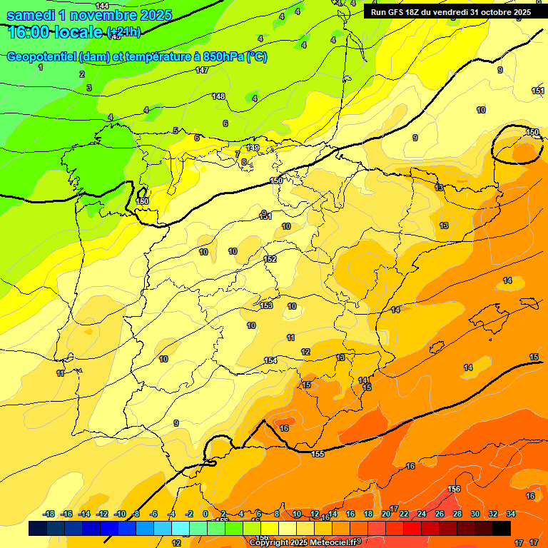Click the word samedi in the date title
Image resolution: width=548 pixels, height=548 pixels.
point(31,15)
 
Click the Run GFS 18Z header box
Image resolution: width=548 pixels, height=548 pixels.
point(450,12)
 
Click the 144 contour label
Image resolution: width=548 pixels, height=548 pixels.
point(102,6)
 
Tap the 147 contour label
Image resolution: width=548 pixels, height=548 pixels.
point(202,70)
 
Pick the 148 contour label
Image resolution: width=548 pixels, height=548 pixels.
point(218,96)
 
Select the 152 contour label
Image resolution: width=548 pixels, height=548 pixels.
point(270,259)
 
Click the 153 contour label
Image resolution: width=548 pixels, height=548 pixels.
point(266,305)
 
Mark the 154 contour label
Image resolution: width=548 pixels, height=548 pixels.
point(270,360)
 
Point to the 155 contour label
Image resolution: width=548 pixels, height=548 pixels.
point(318,454)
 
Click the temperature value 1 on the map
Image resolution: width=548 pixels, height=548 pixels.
point(41,67)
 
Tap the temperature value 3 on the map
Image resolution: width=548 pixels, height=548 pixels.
point(89,88)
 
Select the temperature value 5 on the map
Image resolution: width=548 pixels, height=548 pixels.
point(176,131)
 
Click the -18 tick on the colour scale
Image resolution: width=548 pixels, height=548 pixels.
point(49,514)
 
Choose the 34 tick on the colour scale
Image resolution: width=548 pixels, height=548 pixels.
point(511,514)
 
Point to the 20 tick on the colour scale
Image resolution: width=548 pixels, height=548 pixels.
point(386,514)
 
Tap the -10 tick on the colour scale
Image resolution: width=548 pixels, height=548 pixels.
point(120,514)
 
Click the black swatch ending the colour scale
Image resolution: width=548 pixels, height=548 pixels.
point(502,529)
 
